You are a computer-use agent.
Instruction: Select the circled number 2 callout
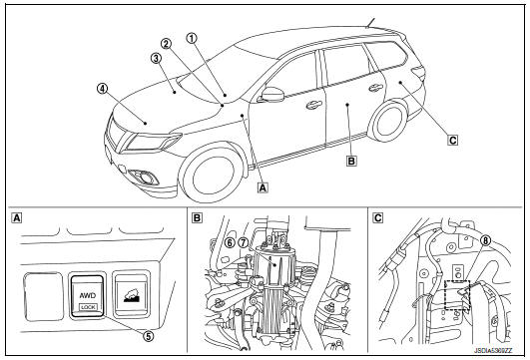[x=165, y=43]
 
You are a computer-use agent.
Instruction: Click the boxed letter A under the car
[x=262, y=184]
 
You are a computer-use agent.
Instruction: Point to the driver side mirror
[x=271, y=96]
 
